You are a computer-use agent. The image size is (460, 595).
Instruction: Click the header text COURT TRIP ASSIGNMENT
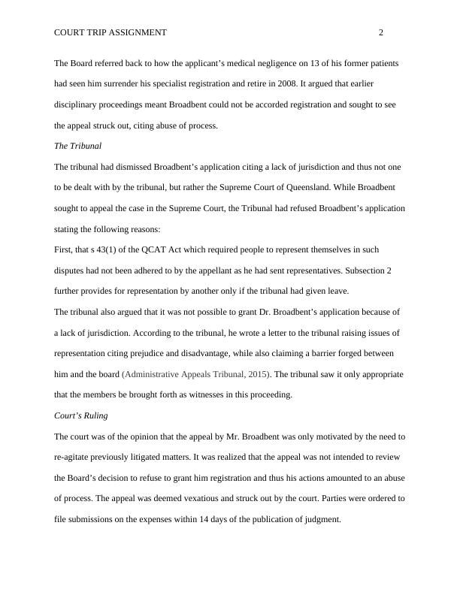pos(110,33)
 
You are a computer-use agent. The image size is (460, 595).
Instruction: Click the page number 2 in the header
pos(381,33)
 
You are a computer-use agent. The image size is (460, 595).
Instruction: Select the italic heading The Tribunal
pos(77,146)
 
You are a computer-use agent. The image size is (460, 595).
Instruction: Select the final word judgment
pos(322,519)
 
